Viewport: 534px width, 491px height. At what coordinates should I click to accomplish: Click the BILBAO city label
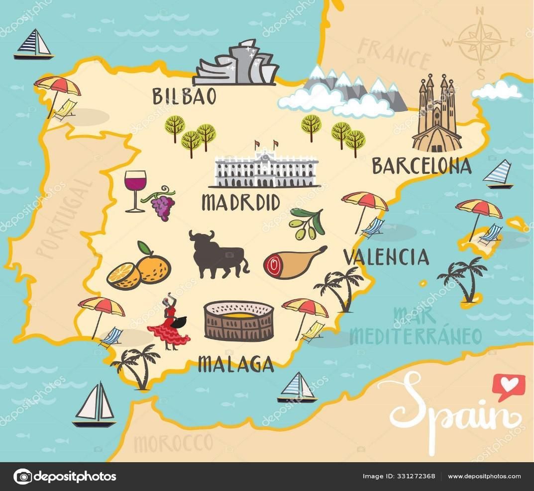click(185, 96)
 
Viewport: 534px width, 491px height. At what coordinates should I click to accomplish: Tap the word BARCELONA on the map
click(422, 166)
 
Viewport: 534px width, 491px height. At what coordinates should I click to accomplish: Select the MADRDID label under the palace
click(241, 202)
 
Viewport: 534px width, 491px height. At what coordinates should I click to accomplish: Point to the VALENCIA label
click(386, 257)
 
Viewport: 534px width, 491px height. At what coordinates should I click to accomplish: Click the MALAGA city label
click(236, 365)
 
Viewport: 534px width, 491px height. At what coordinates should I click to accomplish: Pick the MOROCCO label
click(173, 442)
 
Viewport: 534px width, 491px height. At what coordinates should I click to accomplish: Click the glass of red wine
click(135, 190)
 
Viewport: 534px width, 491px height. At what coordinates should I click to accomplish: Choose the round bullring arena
click(239, 321)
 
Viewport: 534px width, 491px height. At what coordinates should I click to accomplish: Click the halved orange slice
click(123, 275)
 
